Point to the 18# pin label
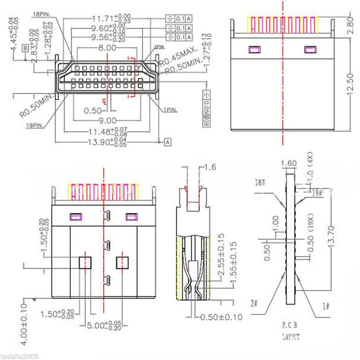coord(260,182)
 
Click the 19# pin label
coord(317,193)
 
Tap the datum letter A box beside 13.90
coord(167,141)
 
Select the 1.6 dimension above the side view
coord(210,167)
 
